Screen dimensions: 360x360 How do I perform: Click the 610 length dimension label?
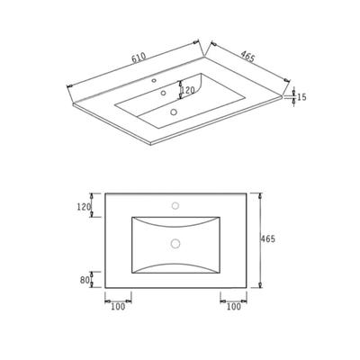click(139, 58)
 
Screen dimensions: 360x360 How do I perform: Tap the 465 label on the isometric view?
click(247, 57)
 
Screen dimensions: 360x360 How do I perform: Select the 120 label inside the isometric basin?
click(188, 89)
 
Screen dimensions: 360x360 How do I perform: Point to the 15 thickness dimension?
click(302, 97)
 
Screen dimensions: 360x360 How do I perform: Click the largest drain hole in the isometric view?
click(174, 112)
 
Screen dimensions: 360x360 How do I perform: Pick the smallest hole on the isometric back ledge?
click(154, 80)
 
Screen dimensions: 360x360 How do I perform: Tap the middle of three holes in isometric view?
click(164, 93)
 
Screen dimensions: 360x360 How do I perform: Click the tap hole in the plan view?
click(175, 205)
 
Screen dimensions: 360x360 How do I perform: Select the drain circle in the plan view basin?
click(175, 243)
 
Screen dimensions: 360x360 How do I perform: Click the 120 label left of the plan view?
click(84, 207)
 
